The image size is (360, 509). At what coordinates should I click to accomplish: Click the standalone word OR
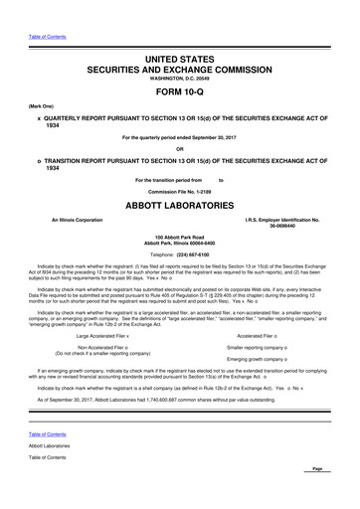[x=179, y=150]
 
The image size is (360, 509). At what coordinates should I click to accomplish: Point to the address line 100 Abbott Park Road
[x=179, y=235]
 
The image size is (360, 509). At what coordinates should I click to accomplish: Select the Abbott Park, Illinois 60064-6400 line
[x=179, y=242]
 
